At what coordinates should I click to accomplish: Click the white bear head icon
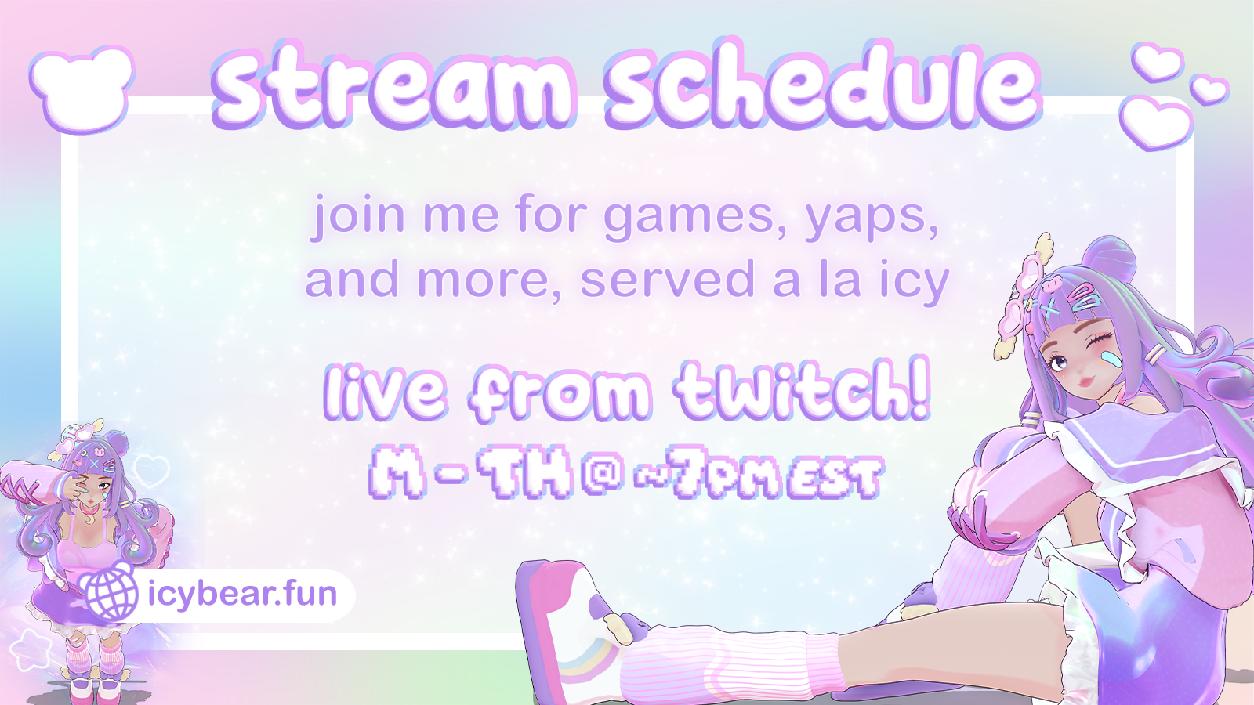pyautogui.click(x=83, y=89)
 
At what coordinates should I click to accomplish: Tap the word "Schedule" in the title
pyautogui.click(x=824, y=83)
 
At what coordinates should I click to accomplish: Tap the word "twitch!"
pyautogui.click(x=803, y=389)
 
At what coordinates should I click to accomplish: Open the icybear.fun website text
pyautogui.click(x=242, y=595)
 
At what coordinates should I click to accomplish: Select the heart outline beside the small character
pyautogui.click(x=152, y=471)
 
